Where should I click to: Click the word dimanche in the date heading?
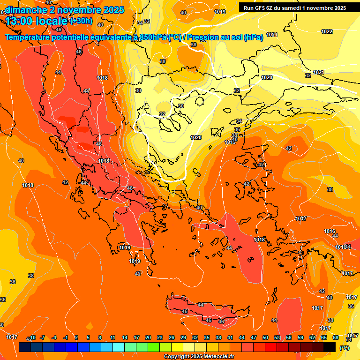tap(26, 10)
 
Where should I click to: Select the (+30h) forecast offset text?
tap(81, 21)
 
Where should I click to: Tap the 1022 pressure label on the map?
tap(327, 31)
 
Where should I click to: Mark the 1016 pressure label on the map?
tap(330, 232)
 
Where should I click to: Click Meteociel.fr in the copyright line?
tap(216, 357)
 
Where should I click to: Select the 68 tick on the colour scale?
tap(336, 337)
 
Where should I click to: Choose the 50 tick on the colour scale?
tap(265, 337)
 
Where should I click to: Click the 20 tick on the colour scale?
tap(148, 337)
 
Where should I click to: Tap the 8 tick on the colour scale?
tap(100, 337)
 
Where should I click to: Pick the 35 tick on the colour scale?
tap(207, 337)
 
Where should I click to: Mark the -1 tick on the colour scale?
tap(66, 337)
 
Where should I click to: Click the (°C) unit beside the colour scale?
tap(345, 348)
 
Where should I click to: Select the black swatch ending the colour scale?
tap(330, 347)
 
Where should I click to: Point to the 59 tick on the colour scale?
tap(300, 337)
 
